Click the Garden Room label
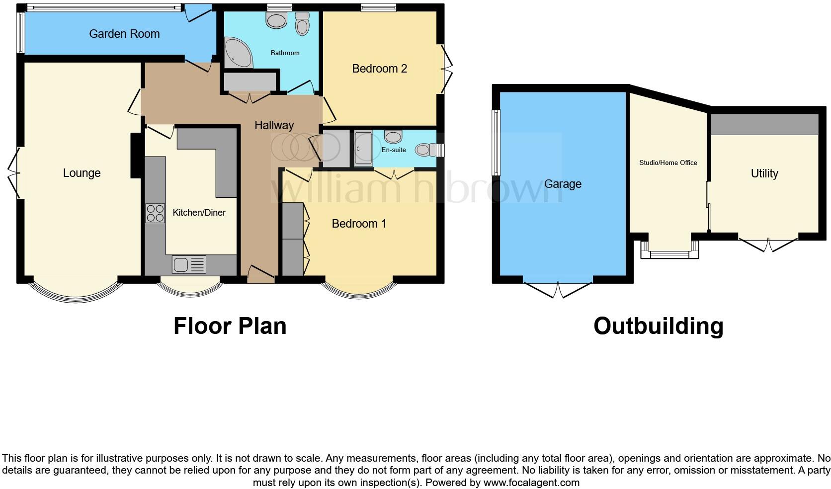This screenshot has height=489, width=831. pos(124,34)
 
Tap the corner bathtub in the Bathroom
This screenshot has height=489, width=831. pos(237,53)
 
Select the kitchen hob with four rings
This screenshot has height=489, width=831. pos(155,213)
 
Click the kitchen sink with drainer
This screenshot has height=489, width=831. pos(189,264)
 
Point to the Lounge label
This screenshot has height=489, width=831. pos(82,173)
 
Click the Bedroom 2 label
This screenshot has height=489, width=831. pos(379,69)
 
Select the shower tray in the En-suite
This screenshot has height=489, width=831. pos(363,148)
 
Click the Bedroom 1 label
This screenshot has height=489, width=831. pos(359,224)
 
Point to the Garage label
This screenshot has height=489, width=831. pos(563,184)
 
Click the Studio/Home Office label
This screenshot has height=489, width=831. pos(668,163)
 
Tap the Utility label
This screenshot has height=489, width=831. pos(764,173)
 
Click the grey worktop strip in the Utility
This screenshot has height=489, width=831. pos(764,124)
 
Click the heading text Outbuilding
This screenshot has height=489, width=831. pos(658,326)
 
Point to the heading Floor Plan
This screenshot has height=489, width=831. pos(230,326)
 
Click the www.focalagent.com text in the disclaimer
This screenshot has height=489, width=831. pos(531,482)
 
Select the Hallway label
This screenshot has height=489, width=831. pos(274,125)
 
